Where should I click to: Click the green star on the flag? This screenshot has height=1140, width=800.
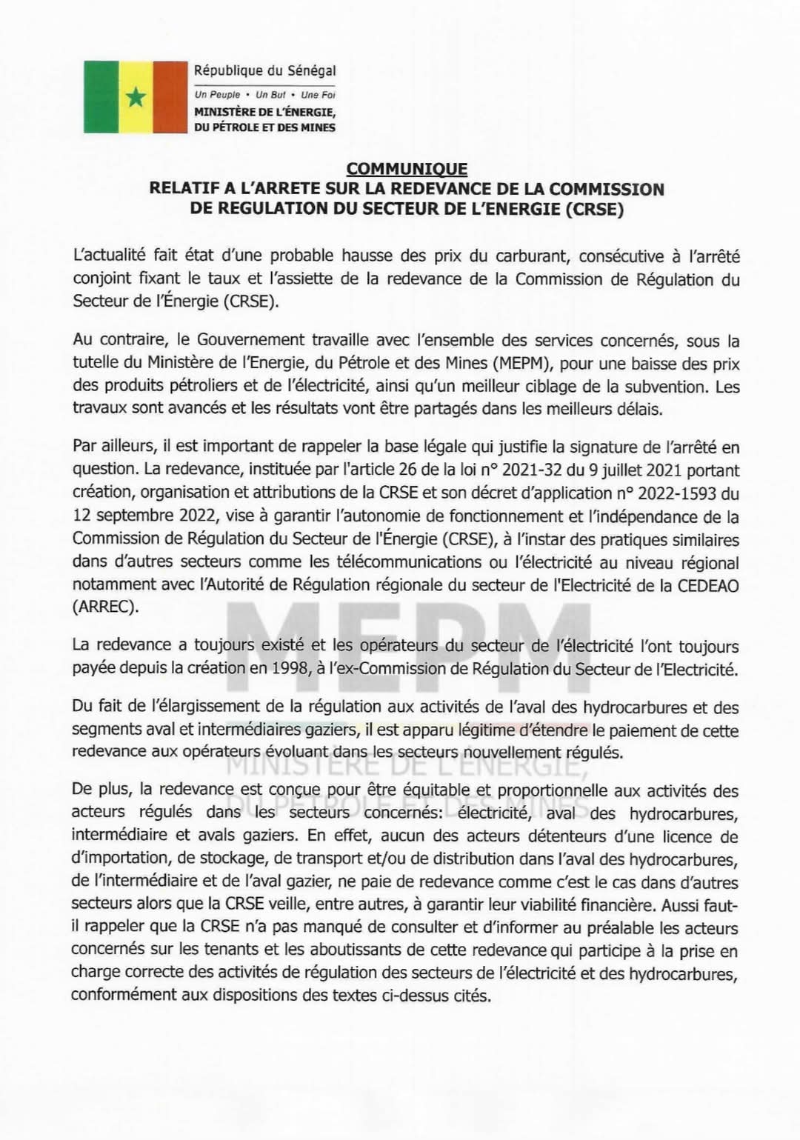tap(135, 97)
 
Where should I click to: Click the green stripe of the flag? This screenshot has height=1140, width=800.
tap(99, 96)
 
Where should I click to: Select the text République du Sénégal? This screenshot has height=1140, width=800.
tap(264, 71)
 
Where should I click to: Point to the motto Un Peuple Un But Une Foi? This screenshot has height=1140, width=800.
tap(264, 95)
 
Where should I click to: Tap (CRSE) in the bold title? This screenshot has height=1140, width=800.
tap(595, 209)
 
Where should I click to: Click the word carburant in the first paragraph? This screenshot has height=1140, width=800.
tap(525, 256)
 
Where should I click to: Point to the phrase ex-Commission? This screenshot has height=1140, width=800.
tap(385, 669)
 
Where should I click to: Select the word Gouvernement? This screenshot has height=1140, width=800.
tap(248, 341)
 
